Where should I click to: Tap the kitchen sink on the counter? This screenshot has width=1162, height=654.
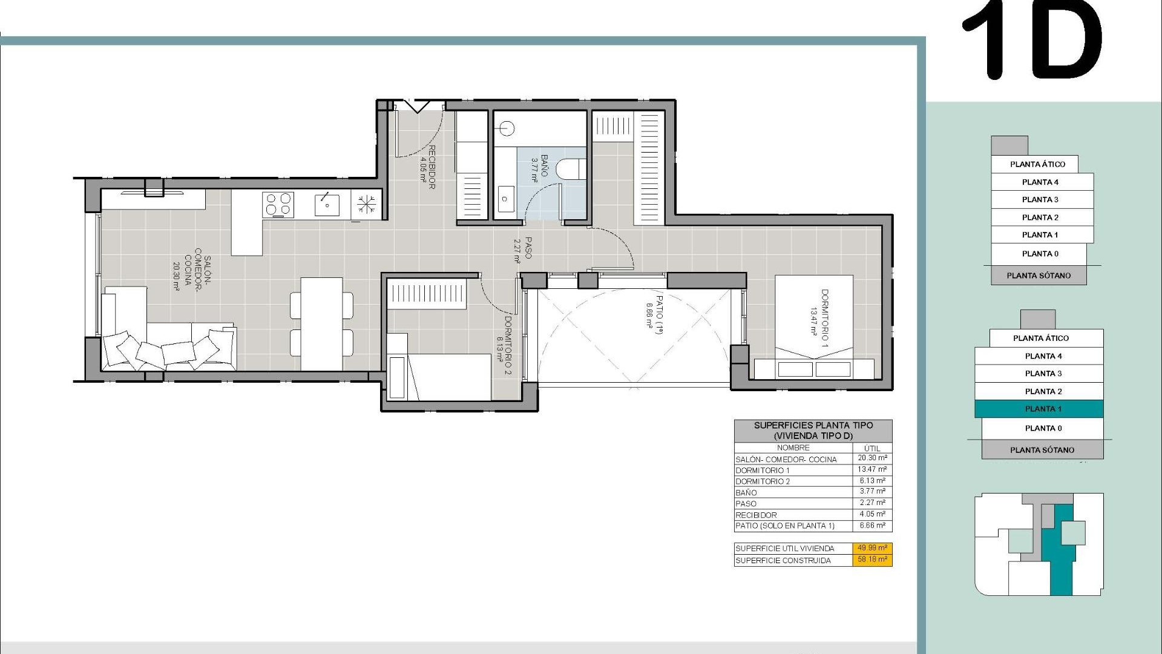pyautogui.click(x=327, y=205)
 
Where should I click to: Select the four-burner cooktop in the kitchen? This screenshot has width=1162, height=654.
pyautogui.click(x=278, y=205)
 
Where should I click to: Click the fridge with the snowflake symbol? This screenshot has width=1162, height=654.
pyautogui.click(x=366, y=204)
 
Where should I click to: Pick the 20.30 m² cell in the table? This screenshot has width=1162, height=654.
pyautogui.click(x=872, y=458)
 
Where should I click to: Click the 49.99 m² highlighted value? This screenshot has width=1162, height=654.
pyautogui.click(x=872, y=548)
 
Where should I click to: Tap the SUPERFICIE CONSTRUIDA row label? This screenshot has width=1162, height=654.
pyautogui.click(x=783, y=561)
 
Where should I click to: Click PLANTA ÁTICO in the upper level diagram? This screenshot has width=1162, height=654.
pyautogui.click(x=1037, y=164)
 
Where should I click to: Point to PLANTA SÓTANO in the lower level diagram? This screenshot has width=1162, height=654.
pyautogui.click(x=1042, y=450)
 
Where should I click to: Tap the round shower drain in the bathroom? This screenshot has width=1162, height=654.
pyautogui.click(x=507, y=128)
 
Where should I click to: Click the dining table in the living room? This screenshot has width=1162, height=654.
pyautogui.click(x=321, y=324)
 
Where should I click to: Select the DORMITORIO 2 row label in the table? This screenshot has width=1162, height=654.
pyautogui.click(x=763, y=481)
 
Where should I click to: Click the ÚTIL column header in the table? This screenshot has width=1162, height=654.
pyautogui.click(x=872, y=448)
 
